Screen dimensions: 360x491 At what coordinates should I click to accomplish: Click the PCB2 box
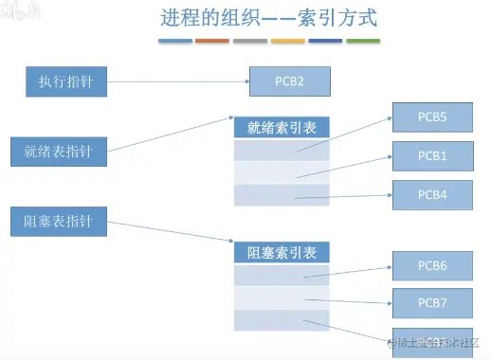[x=290, y=81]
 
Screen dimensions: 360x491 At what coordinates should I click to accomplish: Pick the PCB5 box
[x=432, y=118]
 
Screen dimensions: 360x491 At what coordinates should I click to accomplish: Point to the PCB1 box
[x=432, y=156]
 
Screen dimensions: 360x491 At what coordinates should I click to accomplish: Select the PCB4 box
[x=432, y=194]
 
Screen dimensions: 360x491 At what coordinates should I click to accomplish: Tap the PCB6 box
[x=432, y=267]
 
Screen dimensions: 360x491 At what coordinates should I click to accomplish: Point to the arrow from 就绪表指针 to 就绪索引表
[x=171, y=135]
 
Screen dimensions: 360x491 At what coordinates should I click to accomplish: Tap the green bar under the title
[x=363, y=42]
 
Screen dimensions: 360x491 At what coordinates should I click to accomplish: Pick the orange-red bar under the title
[x=211, y=42]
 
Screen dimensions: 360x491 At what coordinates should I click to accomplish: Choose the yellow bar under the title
[x=287, y=42]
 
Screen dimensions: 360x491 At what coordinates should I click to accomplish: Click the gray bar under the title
[x=249, y=42]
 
